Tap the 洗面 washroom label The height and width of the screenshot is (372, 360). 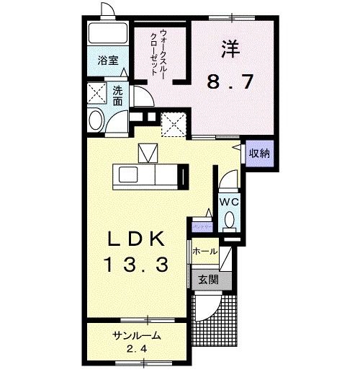117,94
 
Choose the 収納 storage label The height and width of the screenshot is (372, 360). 260,153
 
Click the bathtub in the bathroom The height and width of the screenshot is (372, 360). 105,35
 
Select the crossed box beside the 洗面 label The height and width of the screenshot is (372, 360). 96,94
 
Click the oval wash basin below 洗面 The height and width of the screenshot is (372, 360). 94,120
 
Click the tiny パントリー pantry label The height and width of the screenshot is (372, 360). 202,226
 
